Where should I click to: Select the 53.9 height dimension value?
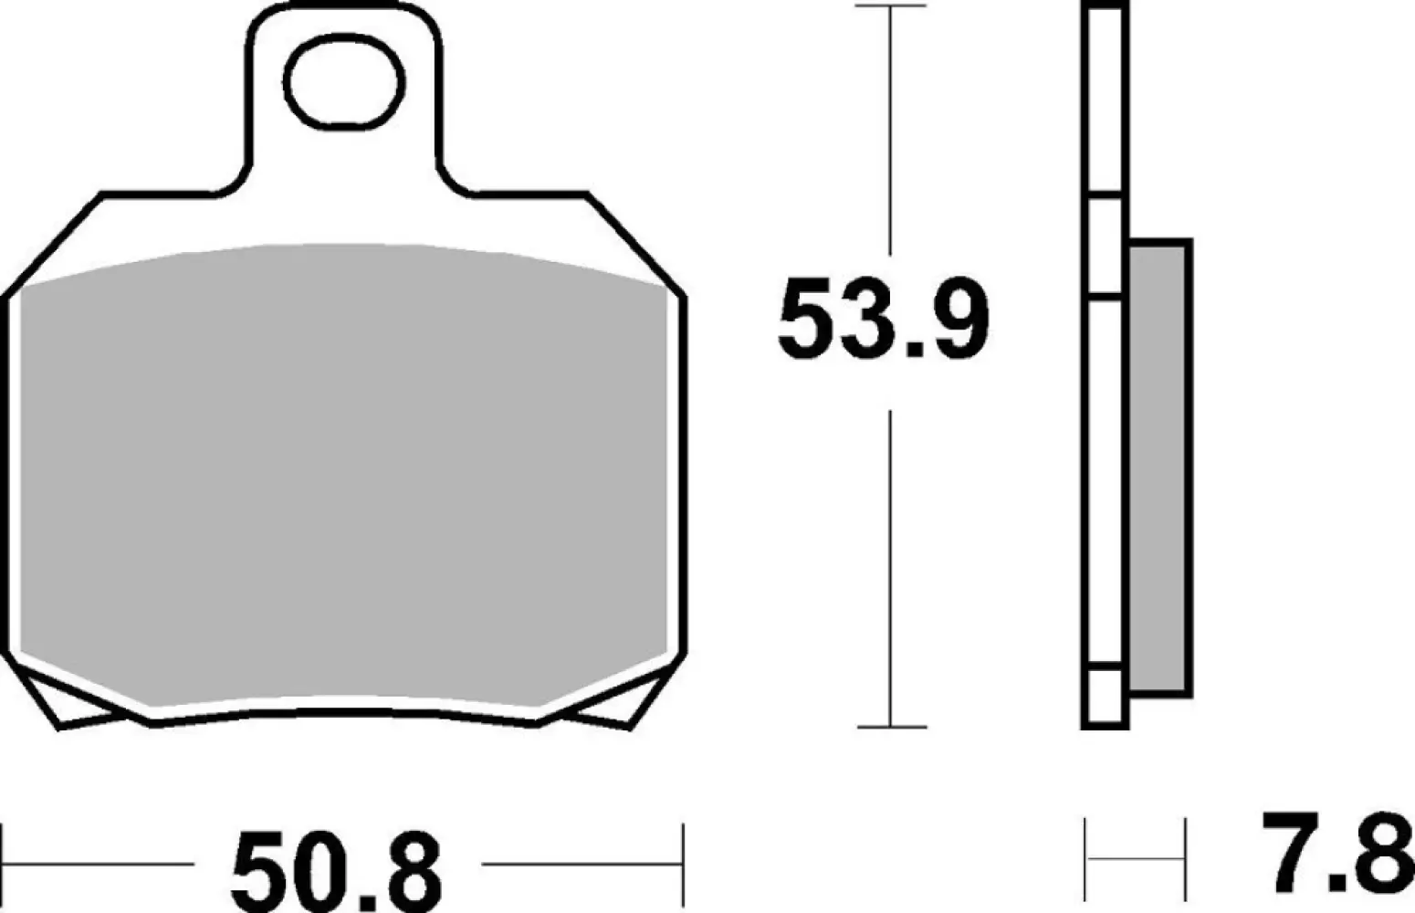coord(882,320)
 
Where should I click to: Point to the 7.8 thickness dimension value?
coord(1338,854)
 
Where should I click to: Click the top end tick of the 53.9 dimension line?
coord(890,6)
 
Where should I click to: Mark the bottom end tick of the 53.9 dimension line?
coord(890,727)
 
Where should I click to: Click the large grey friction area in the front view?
coord(342,475)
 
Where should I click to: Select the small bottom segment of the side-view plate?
coord(1105,698)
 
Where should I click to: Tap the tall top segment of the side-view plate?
coord(1105,100)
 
